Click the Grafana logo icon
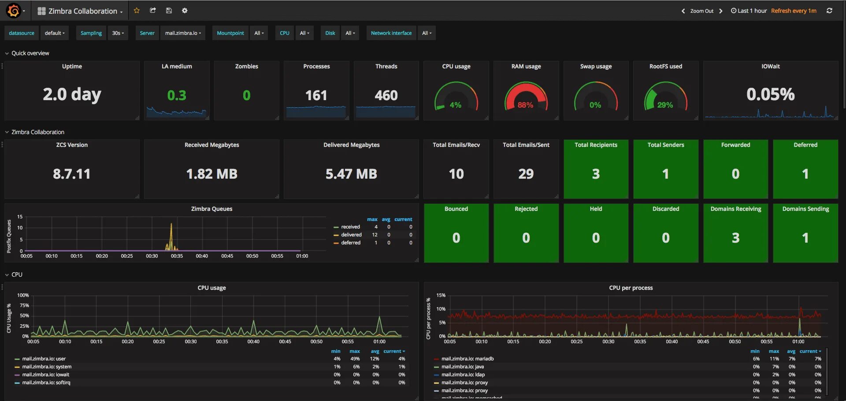pos(14,11)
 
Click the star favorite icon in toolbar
pos(137,11)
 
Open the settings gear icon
pos(185,11)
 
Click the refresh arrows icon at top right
pos(829,11)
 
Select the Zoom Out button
pos(701,11)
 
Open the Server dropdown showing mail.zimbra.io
pos(183,33)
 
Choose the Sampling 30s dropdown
pos(118,33)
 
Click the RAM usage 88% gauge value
pos(525,105)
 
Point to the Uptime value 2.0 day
pos(72,94)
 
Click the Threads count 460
pos(386,95)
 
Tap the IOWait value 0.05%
pos(770,94)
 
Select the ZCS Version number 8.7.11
pos(72,174)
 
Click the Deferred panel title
pos(805,145)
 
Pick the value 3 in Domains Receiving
pos(735,238)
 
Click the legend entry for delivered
pos(351,235)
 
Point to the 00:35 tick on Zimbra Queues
pos(177,256)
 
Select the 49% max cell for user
pos(355,359)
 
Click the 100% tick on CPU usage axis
pos(23,295)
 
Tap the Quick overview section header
pos(30,53)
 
